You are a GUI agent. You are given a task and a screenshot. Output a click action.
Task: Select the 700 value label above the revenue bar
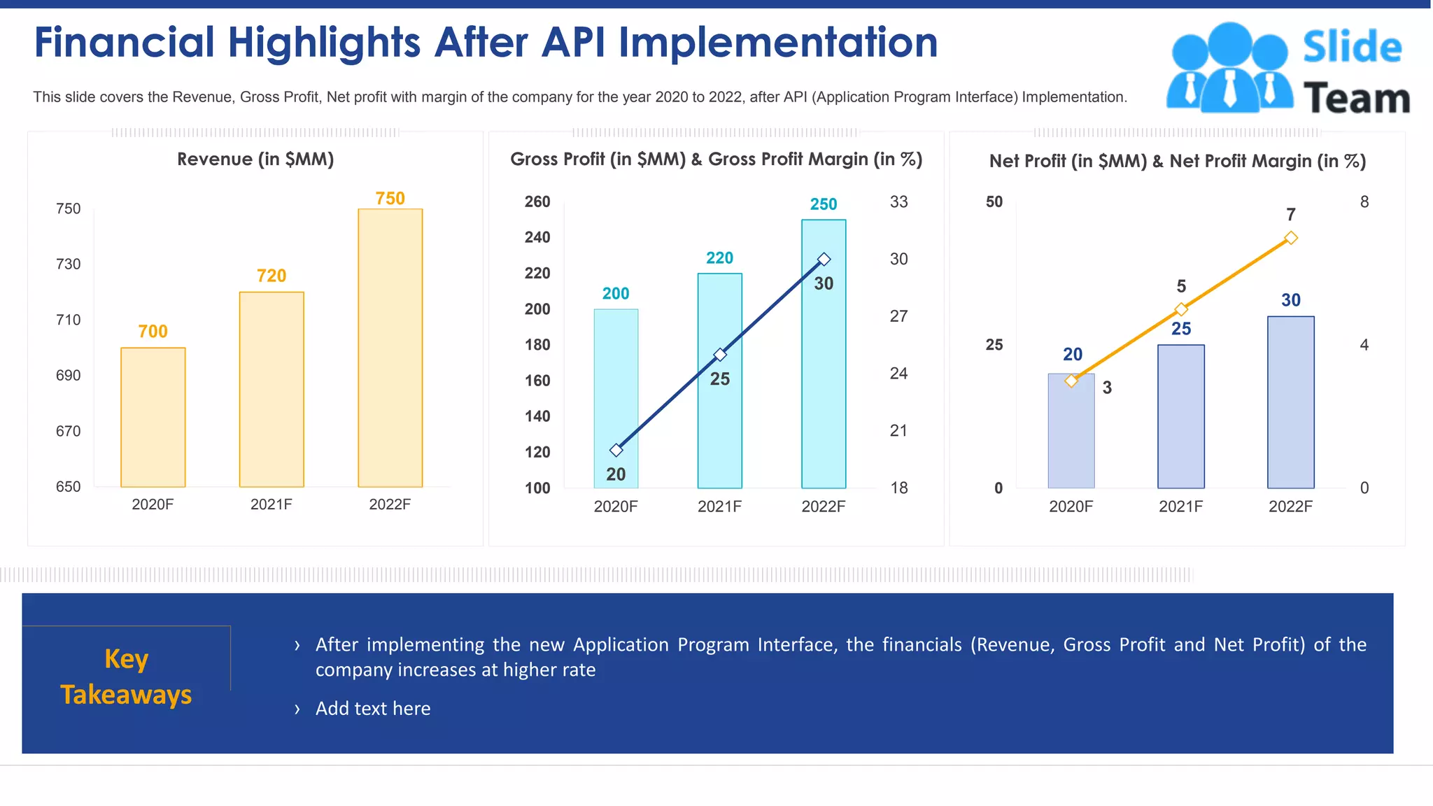tap(153, 331)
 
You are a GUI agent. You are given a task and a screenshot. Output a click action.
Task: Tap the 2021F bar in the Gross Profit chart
tap(719, 420)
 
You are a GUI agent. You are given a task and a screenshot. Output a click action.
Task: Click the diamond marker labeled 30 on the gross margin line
tap(824, 260)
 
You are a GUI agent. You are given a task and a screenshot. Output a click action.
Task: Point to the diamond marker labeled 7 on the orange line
tap(1291, 238)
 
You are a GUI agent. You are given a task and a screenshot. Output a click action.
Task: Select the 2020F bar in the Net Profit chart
tap(1071, 434)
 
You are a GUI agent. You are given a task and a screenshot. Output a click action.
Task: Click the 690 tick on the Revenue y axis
tap(68, 376)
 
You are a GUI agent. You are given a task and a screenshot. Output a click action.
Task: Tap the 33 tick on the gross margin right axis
tap(898, 202)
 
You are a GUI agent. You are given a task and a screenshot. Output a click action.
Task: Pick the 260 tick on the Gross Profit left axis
tap(537, 202)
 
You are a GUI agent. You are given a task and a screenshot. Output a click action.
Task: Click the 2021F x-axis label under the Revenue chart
tap(271, 504)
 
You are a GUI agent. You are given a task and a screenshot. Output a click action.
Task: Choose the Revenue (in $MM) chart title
tap(255, 160)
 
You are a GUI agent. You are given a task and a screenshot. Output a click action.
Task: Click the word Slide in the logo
tap(1352, 48)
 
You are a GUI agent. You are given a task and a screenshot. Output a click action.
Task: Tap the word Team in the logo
tap(1356, 99)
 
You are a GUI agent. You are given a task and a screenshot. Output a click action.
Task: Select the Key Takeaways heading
tap(126, 677)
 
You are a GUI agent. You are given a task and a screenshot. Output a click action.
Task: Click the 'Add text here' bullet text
tap(373, 709)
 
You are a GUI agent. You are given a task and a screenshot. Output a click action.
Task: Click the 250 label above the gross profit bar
tap(824, 204)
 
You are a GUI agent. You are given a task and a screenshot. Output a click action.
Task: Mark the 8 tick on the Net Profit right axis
tap(1364, 202)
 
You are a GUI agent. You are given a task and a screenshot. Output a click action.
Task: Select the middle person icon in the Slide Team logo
tap(1229, 66)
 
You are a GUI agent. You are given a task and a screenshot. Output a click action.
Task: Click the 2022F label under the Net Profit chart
tap(1290, 507)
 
